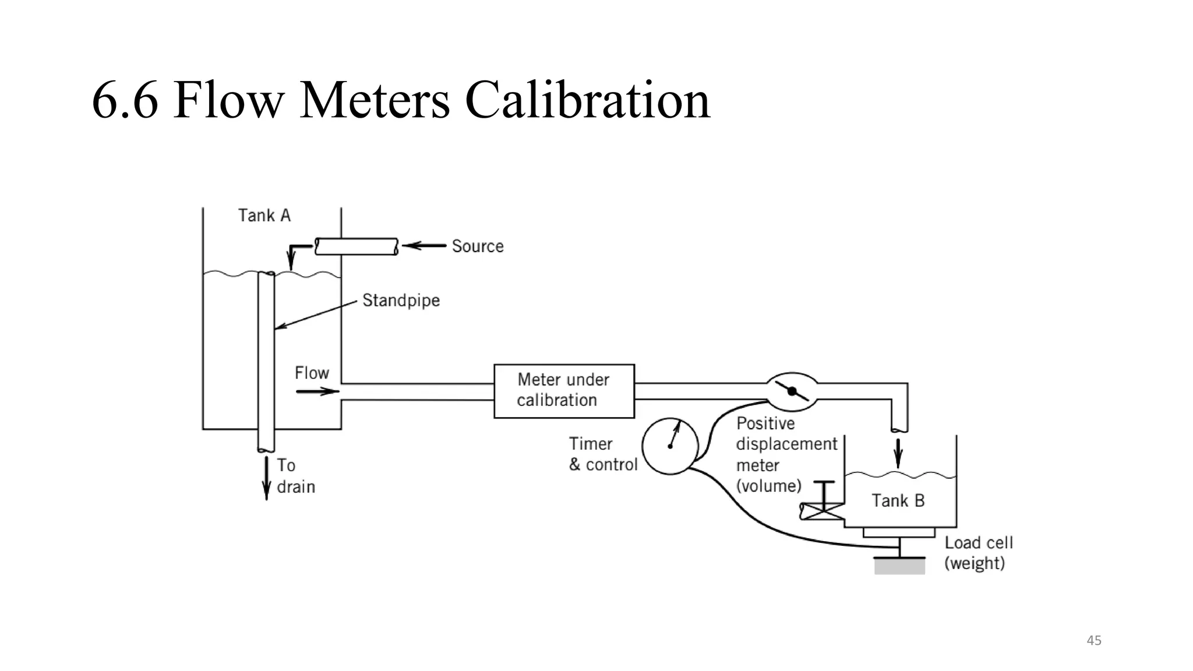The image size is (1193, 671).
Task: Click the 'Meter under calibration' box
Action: click(564, 391)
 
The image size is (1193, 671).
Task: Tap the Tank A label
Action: click(264, 216)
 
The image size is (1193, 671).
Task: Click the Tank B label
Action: click(898, 501)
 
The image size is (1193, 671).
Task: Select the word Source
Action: click(478, 246)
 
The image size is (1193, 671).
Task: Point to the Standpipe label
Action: click(401, 301)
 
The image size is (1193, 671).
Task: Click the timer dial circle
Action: click(670, 446)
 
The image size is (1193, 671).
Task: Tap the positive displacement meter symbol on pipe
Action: click(792, 391)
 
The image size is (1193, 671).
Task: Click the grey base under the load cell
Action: click(899, 566)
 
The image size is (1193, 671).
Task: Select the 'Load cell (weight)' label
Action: click(978, 553)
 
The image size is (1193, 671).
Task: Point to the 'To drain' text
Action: click(295, 476)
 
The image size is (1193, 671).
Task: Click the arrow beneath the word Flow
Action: click(317, 391)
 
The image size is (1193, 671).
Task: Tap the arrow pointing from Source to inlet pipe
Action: click(424, 246)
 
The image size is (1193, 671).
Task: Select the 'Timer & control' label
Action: click(603, 454)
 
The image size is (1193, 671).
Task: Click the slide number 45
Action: click(1094, 641)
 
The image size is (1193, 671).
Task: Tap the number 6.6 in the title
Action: click(125, 100)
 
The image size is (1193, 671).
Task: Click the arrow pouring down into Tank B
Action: click(898, 453)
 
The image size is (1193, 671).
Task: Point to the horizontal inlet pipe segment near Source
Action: click(357, 246)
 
